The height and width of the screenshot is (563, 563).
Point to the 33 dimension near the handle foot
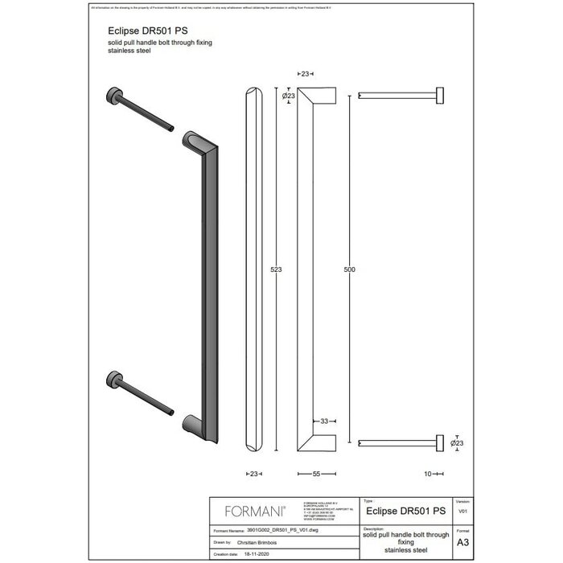tap(323, 421)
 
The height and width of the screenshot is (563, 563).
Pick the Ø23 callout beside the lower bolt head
tap(457, 442)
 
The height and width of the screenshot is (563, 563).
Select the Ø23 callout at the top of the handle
tap(288, 96)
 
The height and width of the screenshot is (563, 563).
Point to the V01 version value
tap(462, 512)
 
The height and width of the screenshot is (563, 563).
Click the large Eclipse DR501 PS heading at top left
tap(137, 29)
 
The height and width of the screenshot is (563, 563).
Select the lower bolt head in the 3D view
tap(113, 380)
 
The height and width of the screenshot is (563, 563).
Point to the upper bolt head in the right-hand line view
tap(440, 95)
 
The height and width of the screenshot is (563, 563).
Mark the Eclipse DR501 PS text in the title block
tap(405, 510)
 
